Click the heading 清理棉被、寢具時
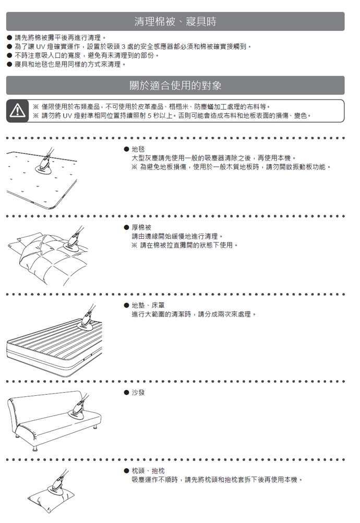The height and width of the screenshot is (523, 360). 175,22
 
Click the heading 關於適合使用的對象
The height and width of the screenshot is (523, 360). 175,86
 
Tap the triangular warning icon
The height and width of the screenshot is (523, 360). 17,111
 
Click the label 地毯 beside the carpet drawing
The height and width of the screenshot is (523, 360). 138,150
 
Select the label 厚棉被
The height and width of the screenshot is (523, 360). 141,227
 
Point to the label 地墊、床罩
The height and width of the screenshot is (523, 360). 148,306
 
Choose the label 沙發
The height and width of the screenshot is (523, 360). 138,393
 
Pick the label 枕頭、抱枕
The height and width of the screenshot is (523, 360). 148,471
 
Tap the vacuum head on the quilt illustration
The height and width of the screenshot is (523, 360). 71,244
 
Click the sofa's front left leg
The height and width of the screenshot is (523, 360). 35,447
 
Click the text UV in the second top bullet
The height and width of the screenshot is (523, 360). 40,47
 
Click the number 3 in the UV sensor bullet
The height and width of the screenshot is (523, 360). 123,47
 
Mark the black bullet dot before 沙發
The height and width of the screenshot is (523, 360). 126,393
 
